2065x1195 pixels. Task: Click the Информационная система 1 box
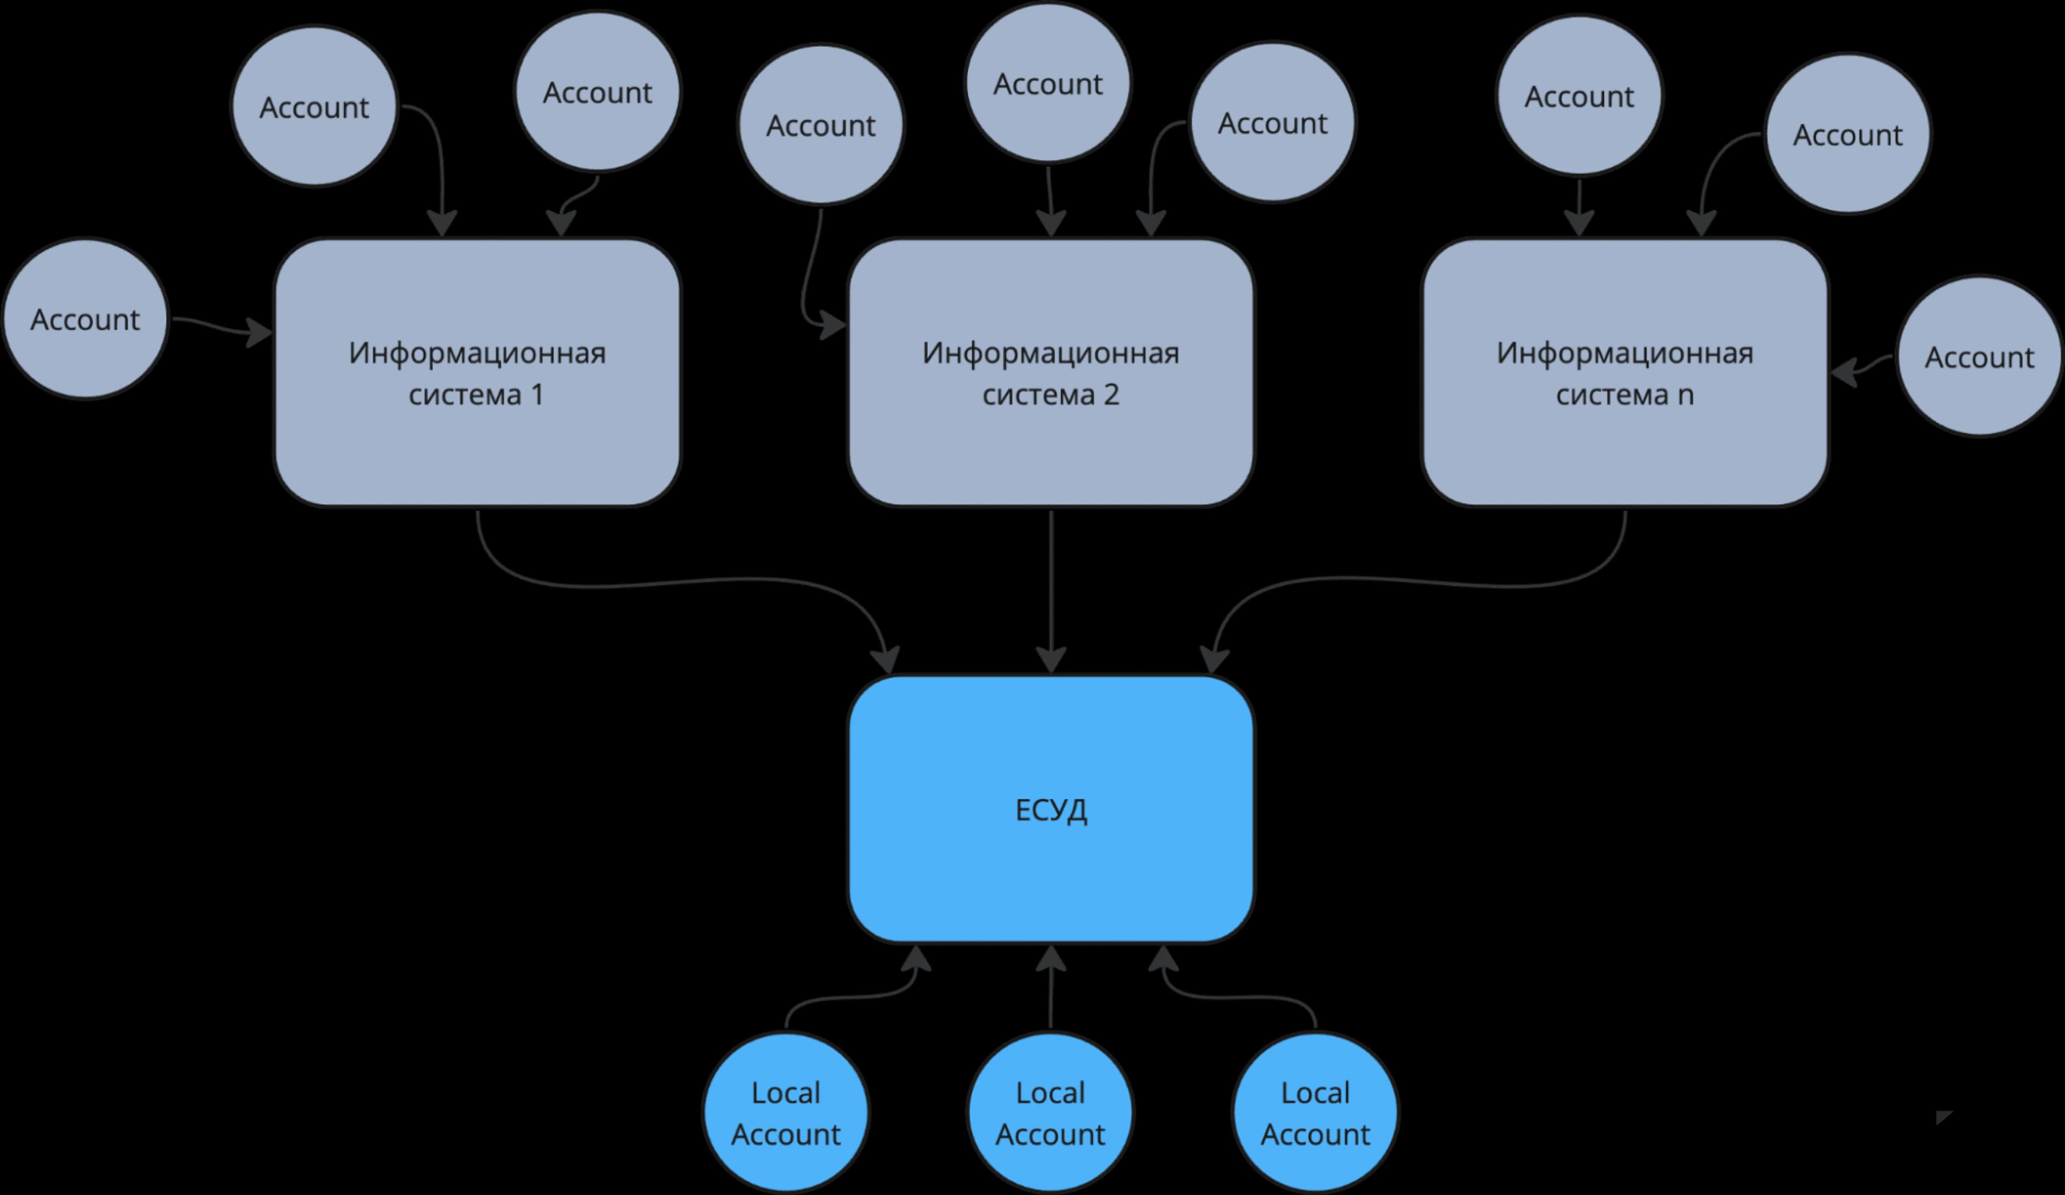(x=477, y=373)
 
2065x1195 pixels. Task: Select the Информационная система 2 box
(x=1051, y=373)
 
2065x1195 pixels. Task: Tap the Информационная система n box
(x=1625, y=373)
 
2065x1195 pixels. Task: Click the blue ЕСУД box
(x=1051, y=809)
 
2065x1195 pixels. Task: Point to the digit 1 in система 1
(x=538, y=395)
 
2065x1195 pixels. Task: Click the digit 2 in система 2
(x=1111, y=395)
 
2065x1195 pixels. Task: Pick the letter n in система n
(x=1685, y=397)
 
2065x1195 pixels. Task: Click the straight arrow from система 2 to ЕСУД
(x=1051, y=591)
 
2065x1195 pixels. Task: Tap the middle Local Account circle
(x=1051, y=1112)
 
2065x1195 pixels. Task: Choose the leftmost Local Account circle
(x=786, y=1112)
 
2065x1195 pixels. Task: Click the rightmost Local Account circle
(x=1315, y=1112)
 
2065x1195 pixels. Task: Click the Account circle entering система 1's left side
(x=85, y=319)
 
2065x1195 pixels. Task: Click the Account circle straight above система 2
(x=1048, y=83)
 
